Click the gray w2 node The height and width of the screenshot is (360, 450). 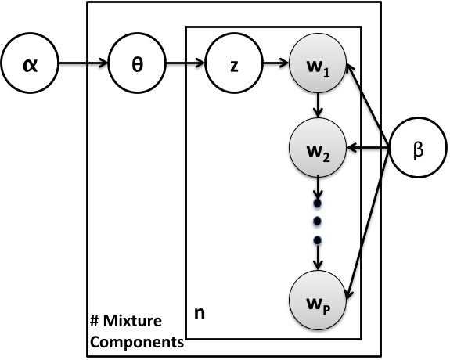coord(317,147)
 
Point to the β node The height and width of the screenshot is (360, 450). coord(417,148)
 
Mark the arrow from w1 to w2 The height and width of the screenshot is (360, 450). coord(317,105)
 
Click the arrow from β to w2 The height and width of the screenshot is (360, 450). coord(368,147)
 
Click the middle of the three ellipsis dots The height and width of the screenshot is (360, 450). coord(317,221)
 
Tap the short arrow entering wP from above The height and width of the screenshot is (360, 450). coord(317,257)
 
